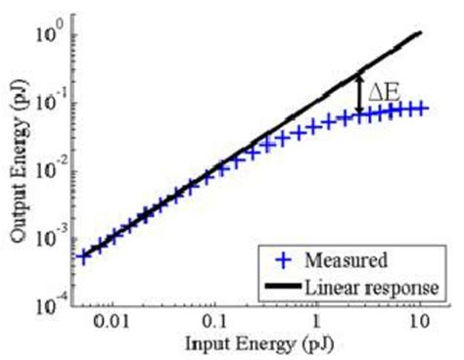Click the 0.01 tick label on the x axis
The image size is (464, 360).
click(112, 322)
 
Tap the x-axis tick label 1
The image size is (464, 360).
click(317, 322)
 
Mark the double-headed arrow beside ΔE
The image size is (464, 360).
click(360, 94)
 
